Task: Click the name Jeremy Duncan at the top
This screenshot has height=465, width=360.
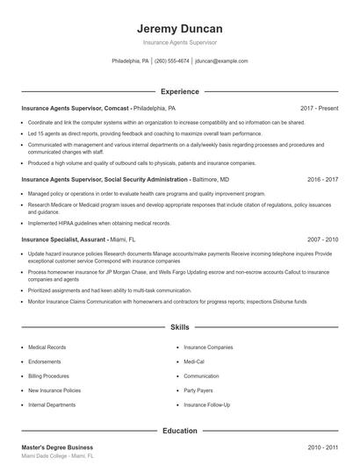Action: point(180,28)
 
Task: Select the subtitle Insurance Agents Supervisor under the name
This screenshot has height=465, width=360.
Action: point(180,42)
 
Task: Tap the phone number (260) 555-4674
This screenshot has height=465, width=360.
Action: point(172,61)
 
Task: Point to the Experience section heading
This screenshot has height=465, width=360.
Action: point(180,91)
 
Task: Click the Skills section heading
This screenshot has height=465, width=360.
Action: point(180,326)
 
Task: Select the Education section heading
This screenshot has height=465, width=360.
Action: point(180,431)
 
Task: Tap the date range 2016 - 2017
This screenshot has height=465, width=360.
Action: point(322,179)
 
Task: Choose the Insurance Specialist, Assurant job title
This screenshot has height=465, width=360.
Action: point(78,239)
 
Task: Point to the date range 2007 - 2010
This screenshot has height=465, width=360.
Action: point(322,239)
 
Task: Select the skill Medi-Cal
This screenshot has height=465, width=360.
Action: point(194,361)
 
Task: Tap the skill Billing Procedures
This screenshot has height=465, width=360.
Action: point(50,376)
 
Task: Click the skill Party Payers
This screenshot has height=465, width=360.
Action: point(199,390)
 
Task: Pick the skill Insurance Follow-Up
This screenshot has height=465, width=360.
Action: point(207,405)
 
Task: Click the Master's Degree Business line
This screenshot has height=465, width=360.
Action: point(57,447)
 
